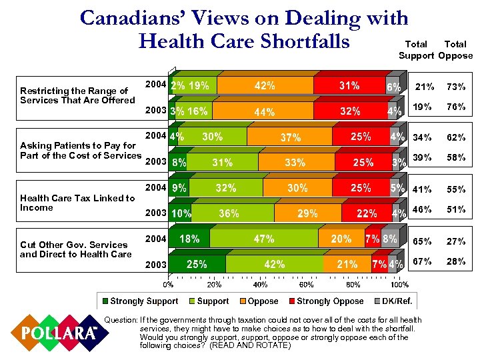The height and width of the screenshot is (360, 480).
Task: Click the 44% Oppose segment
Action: pyautogui.click(x=264, y=112)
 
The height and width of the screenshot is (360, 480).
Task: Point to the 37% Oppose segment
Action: pyautogui.click(x=290, y=138)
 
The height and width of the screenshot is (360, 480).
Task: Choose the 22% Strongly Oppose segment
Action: pyautogui.click(x=366, y=214)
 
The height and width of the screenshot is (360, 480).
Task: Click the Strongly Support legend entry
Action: pyautogui.click(x=139, y=301)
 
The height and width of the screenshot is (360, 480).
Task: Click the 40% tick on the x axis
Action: pyautogui.click(x=261, y=285)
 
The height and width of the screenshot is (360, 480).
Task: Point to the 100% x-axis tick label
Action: pyautogui.click(x=399, y=285)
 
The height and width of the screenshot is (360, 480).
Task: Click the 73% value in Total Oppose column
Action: pyautogui.click(x=456, y=87)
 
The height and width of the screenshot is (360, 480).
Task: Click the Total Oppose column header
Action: pyautogui.click(x=456, y=50)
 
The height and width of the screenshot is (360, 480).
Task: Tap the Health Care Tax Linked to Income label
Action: pyautogui.click(x=77, y=203)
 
